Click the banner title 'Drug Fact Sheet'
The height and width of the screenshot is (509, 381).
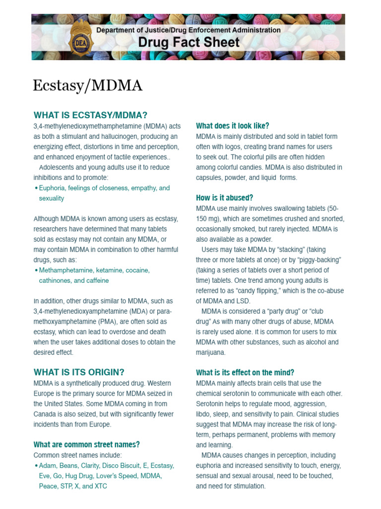[x=189, y=43]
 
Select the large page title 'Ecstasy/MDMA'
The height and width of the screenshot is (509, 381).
[x=87, y=85]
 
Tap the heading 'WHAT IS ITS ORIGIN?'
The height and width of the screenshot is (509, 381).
[x=79, y=372]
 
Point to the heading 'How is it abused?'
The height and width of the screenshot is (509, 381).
[x=225, y=198]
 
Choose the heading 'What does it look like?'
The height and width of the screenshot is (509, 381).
[x=233, y=126]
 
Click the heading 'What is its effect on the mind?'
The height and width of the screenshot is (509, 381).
[x=245, y=373]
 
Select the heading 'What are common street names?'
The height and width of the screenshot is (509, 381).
[x=86, y=444]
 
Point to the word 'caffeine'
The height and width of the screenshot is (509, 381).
[x=96, y=280]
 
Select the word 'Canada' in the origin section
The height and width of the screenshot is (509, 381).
[x=46, y=414]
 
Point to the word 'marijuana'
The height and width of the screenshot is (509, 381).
[x=210, y=352]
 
